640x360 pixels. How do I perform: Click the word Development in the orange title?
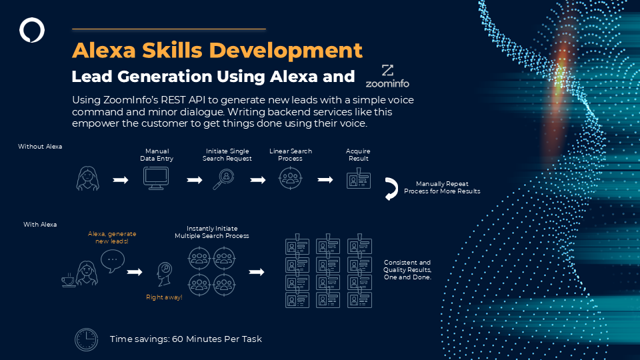tap(285, 51)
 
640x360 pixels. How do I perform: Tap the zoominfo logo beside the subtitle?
tap(387, 76)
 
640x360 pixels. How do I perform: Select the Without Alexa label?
tap(40, 147)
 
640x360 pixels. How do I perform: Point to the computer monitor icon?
tap(156, 179)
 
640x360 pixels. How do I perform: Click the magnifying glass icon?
tap(223, 179)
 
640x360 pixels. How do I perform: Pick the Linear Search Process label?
tap(291, 155)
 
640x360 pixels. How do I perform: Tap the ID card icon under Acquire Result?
tap(359, 179)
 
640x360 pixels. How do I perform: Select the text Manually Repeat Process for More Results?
tap(442, 187)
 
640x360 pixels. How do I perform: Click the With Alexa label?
tap(40, 225)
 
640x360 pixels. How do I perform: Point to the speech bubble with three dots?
tap(113, 261)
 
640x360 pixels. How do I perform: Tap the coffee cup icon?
tap(68, 281)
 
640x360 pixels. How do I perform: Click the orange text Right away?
tap(164, 297)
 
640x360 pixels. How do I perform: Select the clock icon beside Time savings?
tap(87, 339)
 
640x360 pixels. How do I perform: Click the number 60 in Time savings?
tap(177, 339)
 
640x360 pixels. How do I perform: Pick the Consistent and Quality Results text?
tap(407, 270)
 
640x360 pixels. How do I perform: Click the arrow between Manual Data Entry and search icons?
tap(194, 180)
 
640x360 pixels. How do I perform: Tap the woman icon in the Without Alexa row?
tap(88, 179)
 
